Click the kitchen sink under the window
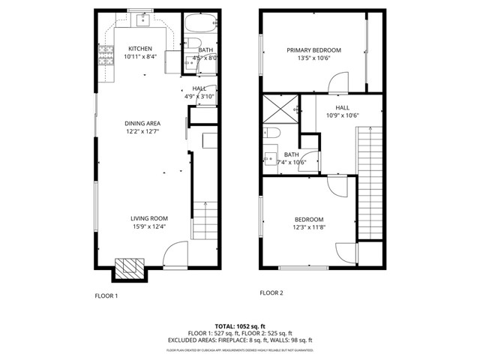(140, 21)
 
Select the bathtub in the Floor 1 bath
(202, 21)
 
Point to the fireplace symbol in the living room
(128, 267)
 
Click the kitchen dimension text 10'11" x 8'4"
(140, 57)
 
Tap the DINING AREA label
(142, 123)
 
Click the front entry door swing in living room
(174, 255)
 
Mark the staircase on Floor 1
(203, 220)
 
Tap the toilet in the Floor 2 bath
(274, 133)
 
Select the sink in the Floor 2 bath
(270, 159)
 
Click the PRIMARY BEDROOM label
(313, 50)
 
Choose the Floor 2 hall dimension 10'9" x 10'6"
(343, 115)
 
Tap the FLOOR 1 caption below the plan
(106, 295)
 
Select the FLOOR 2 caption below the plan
(271, 292)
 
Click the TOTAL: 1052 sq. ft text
(239, 327)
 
